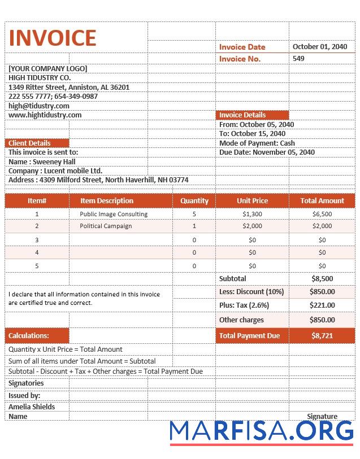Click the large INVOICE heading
point(53,38)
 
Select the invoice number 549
point(298,59)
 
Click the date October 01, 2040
point(320,47)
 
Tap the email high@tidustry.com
point(39,106)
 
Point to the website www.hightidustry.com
point(45,115)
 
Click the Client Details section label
point(30,143)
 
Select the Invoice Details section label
point(242,115)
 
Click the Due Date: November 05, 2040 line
point(267,152)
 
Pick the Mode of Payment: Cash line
point(257,143)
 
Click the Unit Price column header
point(252,200)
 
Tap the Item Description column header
point(107,200)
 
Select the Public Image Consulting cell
point(114,214)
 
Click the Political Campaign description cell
point(106,226)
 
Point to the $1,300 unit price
point(252,214)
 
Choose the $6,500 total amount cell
point(322,214)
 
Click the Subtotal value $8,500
point(322,279)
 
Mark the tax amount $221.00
point(322,305)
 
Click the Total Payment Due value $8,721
point(322,335)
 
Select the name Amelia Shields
point(32,407)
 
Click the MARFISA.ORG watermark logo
point(262,431)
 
